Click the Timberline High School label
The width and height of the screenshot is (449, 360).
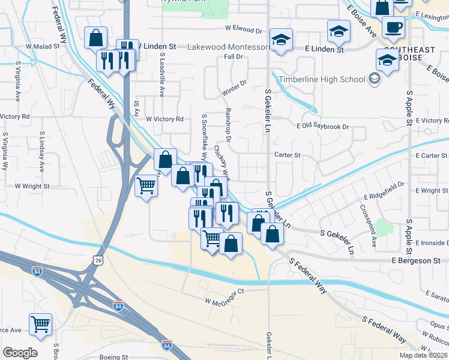coord(327,79)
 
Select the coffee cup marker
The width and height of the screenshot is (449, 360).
coord(393,28)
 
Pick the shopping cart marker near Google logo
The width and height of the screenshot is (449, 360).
coord(41,324)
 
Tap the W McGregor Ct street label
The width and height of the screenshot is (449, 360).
coord(226,292)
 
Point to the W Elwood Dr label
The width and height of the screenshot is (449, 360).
coord(244,29)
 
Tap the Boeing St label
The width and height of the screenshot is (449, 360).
coord(116,356)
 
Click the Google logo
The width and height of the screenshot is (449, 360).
coord(20,353)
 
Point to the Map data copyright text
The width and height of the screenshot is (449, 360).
coord(424,355)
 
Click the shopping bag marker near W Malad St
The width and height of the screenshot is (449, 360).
coord(95,38)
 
